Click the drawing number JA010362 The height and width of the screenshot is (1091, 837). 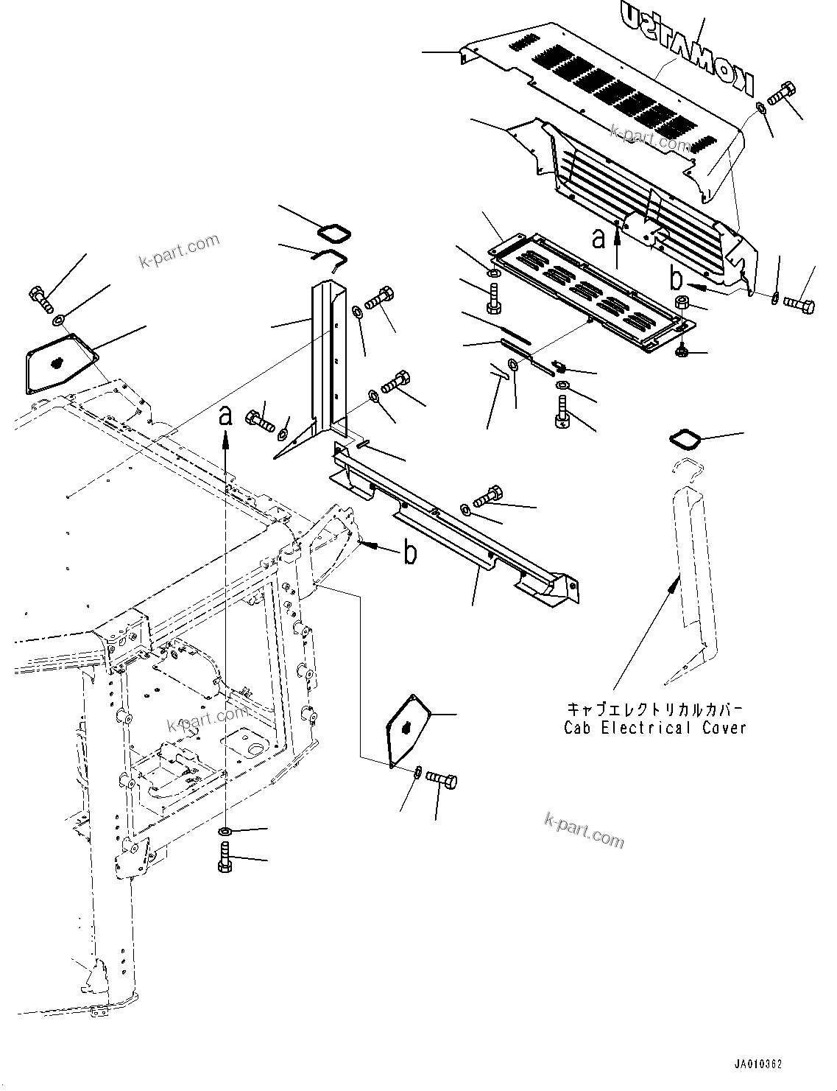757,1064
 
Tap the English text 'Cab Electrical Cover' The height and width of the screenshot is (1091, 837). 654,728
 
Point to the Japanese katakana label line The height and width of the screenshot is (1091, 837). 654,709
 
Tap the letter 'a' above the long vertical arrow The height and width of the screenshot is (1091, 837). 226,416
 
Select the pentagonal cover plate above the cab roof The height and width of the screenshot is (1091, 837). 58,362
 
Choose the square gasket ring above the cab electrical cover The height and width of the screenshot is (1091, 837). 685,439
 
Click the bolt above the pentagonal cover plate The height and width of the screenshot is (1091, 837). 40,298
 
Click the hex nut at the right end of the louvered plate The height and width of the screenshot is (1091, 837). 682,302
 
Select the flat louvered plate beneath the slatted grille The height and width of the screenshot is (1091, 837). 589,291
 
